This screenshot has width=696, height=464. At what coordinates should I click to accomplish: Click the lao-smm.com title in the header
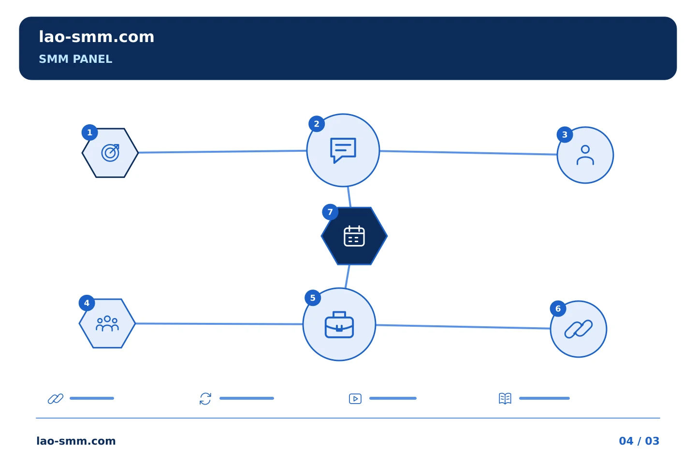(x=96, y=37)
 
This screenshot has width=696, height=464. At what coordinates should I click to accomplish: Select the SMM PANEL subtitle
(x=75, y=59)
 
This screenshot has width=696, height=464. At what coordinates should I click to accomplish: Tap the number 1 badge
(x=90, y=133)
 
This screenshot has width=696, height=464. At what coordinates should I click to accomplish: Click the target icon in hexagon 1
(x=110, y=153)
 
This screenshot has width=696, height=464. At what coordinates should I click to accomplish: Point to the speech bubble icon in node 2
(x=343, y=150)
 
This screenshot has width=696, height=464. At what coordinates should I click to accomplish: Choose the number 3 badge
(x=565, y=135)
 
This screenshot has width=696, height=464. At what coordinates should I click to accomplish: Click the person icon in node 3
(x=585, y=155)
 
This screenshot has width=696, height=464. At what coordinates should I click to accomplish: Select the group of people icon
(x=107, y=323)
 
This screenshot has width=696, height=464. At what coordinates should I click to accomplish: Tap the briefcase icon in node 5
(x=339, y=324)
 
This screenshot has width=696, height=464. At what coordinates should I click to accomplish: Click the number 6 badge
(x=558, y=309)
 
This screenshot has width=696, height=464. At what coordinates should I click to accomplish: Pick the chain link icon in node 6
(x=579, y=329)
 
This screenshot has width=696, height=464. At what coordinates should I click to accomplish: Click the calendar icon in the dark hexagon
(x=354, y=236)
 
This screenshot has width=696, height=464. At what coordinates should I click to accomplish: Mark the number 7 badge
(x=330, y=212)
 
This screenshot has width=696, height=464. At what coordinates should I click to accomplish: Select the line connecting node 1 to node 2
(x=222, y=152)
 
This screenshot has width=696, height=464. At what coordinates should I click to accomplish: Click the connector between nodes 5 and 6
(x=463, y=327)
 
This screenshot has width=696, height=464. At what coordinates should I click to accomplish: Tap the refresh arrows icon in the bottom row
(x=205, y=399)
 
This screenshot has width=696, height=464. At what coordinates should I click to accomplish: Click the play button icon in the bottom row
(x=355, y=399)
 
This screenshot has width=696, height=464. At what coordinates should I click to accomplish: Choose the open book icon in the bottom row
(x=505, y=399)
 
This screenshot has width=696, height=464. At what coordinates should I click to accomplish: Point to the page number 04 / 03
(x=639, y=441)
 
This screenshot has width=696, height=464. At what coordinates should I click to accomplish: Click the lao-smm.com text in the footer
(x=76, y=441)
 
